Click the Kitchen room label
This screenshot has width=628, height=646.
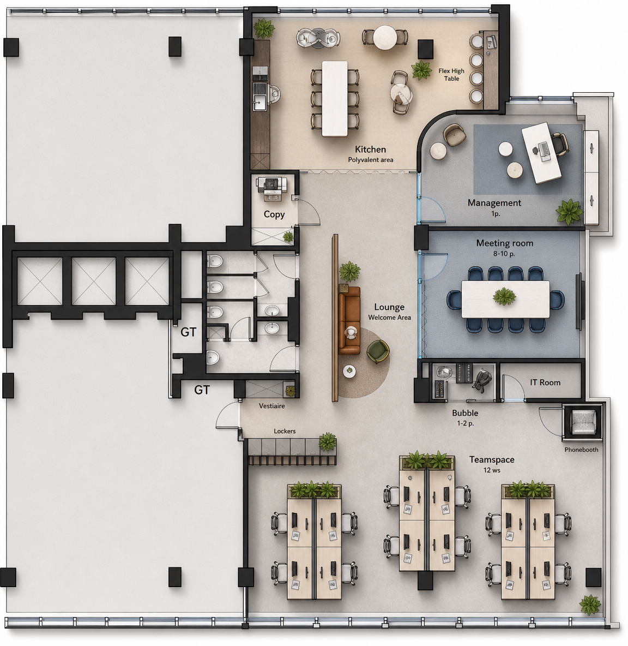click(370, 149)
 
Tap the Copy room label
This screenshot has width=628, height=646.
click(274, 214)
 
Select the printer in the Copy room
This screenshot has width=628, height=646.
click(270, 189)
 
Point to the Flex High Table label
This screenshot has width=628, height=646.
click(451, 75)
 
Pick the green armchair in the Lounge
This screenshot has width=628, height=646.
click(378, 351)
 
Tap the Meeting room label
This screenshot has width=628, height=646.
click(505, 243)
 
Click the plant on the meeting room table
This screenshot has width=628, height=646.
click(505, 296)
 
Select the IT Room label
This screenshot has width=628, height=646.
click(545, 382)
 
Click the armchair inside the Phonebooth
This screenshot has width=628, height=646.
click(583, 421)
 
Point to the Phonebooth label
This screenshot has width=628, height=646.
click(581, 450)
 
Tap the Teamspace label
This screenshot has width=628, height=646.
click(492, 459)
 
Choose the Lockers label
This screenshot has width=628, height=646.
click(285, 431)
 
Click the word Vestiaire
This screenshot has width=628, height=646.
click(271, 406)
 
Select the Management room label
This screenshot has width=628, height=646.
click(494, 203)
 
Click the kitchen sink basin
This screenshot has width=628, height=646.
click(259, 103)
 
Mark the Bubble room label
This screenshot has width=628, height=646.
click(465, 413)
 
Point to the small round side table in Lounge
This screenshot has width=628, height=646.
click(349, 371)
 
